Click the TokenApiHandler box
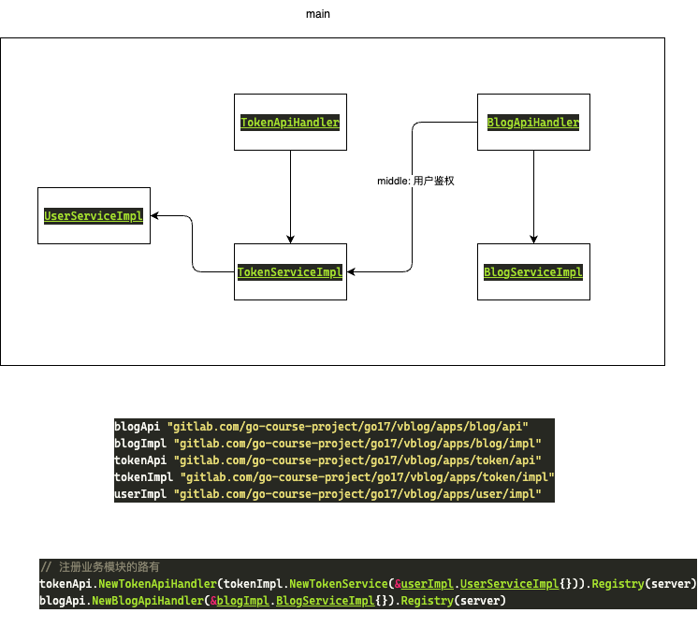coord(290,122)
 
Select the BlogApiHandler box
coord(533,122)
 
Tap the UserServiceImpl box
coord(94,216)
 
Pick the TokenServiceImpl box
coord(290,272)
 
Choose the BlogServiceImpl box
coord(533,272)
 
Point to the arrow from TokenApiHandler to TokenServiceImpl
coord(290,197)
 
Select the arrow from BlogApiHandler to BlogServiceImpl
coord(533,197)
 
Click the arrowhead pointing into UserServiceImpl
coord(155,216)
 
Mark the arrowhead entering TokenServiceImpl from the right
coord(352,272)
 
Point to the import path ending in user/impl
coord(357,493)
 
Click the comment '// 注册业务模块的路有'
coord(99,567)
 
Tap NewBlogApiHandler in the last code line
coord(145,601)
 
